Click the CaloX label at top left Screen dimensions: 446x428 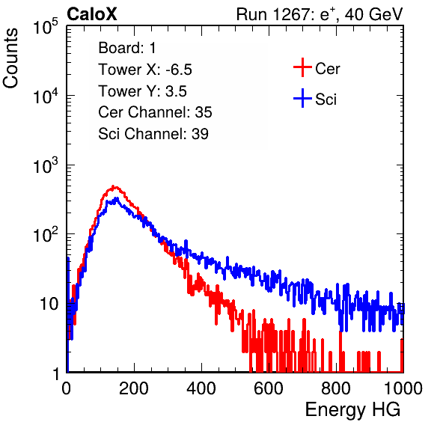[91, 14]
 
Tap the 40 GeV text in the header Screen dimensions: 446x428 [373, 14]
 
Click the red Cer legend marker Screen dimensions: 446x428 [302, 67]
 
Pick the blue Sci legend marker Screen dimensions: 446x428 [302, 98]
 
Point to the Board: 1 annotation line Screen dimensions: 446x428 [127, 48]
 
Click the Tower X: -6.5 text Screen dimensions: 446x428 [145, 70]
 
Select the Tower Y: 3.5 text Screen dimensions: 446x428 [142, 91]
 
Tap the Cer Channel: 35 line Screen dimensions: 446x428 [155, 112]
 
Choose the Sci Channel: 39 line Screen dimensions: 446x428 [153, 134]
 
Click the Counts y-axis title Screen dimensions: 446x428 [10, 58]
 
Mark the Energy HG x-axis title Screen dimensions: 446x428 [352, 410]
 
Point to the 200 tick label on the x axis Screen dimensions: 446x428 [134, 388]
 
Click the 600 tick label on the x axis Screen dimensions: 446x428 [269, 388]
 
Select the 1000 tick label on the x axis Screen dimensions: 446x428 [403, 388]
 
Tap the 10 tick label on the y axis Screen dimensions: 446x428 [49, 304]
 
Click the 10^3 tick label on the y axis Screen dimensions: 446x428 [46, 165]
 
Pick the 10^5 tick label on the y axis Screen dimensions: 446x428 [46, 27]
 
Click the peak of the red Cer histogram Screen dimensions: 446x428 [113, 186]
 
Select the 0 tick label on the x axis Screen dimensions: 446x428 [66, 388]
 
